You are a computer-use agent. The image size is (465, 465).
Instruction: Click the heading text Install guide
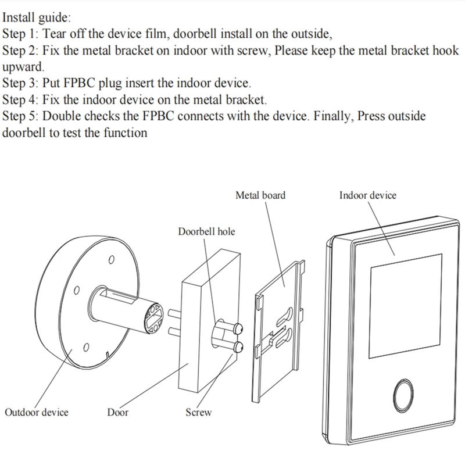[37, 19]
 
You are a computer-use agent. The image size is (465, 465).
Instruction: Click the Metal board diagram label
[260, 195]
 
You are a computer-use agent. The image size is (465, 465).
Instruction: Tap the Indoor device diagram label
[367, 195]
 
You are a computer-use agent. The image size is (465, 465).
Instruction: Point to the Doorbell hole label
[206, 232]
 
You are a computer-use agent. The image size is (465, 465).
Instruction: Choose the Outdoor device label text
[37, 413]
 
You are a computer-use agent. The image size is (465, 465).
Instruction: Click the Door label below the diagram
[118, 413]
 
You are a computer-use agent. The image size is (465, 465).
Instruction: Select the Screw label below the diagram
[198, 413]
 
